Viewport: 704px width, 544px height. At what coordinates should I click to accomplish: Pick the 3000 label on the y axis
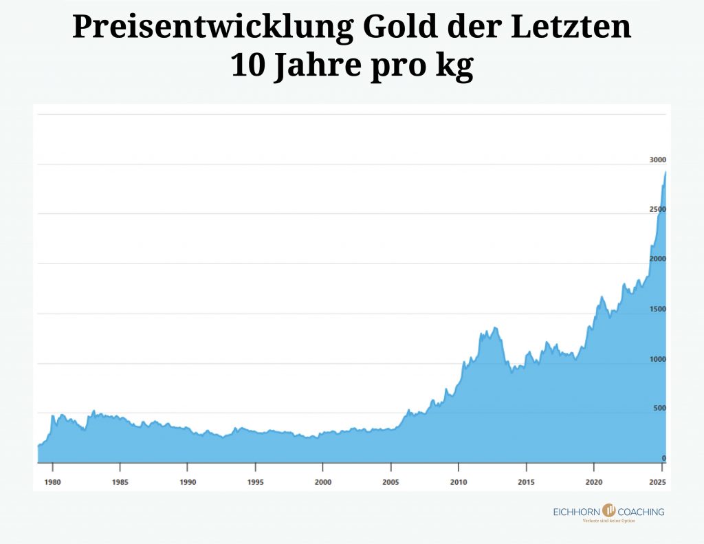coord(658,160)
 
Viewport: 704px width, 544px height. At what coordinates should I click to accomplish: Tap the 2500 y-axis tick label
coord(658,209)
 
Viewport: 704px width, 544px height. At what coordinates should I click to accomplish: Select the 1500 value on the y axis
coord(658,309)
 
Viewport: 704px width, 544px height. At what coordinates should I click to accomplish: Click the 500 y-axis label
coord(659,409)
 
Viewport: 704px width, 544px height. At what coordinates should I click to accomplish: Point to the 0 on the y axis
coord(663,458)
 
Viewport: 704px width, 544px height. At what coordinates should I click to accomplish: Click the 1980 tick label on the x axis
coord(52,482)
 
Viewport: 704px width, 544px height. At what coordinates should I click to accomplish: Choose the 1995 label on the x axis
coord(255,482)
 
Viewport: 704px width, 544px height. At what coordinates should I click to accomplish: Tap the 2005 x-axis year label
coord(390,482)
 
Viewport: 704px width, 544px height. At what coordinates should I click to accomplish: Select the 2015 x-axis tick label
coord(526,482)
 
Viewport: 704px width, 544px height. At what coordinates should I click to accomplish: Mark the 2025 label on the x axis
coord(658,482)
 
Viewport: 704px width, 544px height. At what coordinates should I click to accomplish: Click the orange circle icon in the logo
coord(608,510)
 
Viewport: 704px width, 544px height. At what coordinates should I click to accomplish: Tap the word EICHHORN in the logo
coord(577,512)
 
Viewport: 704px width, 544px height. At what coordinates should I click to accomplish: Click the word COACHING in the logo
coord(641,512)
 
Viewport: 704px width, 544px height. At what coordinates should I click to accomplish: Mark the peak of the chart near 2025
coord(665,173)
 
